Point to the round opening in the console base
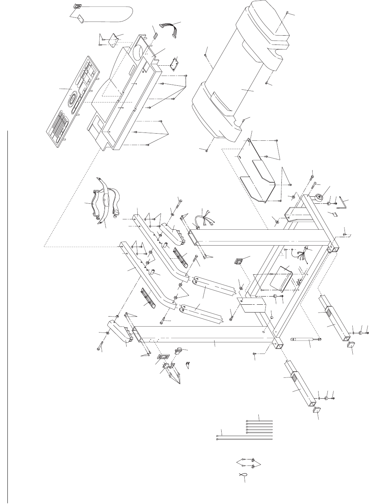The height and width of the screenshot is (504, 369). click(138, 52)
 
